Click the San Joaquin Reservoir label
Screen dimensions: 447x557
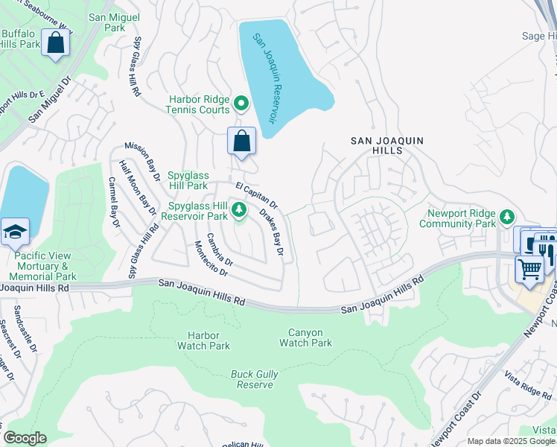264,78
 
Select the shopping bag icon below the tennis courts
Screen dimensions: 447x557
242,140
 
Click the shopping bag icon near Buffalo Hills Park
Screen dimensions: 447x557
56,42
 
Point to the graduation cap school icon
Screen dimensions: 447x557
15,232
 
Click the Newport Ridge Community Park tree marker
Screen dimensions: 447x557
507,217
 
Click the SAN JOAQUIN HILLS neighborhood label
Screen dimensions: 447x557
377,145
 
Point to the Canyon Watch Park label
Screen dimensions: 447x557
305,337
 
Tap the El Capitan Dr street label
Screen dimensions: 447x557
256,195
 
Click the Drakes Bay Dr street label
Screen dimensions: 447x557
272,231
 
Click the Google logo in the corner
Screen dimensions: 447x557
25,438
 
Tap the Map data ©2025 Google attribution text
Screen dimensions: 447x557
510,441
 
